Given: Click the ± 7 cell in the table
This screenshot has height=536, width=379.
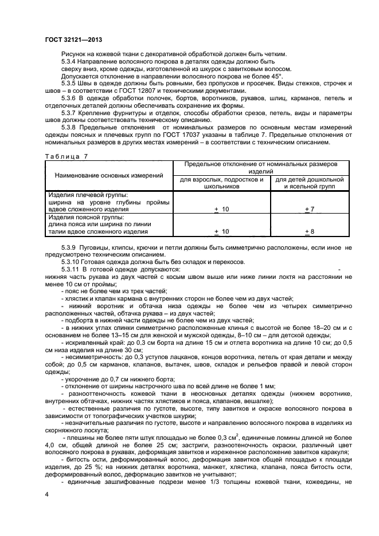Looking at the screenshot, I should click(309, 210).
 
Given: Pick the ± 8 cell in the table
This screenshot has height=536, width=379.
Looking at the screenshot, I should click(309, 231).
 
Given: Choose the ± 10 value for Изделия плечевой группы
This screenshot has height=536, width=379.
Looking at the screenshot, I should click(221, 210).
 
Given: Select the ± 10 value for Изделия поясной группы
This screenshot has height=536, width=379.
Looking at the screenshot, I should click(221, 231).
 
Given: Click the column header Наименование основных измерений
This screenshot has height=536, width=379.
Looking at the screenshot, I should click(108, 175).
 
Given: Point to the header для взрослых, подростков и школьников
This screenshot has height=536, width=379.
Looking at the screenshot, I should click(221, 183).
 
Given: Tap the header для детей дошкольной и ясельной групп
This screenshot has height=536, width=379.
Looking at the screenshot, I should click(309, 183).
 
